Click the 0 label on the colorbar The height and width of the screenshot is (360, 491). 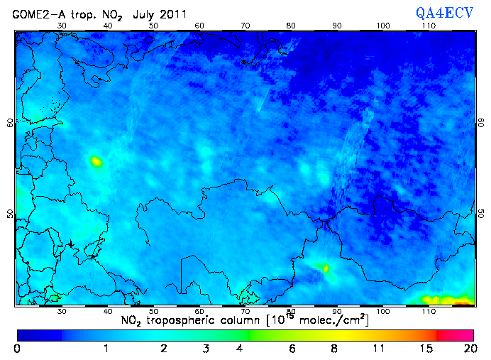point(17,349)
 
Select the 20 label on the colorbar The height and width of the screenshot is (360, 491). point(468,349)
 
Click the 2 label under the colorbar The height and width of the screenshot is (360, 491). point(164,349)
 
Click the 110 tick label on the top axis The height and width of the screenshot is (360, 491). point(429,26)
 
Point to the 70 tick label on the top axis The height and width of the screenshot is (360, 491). point(245,26)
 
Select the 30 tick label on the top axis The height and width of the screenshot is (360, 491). point(62,26)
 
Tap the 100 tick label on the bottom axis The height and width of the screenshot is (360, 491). point(383,311)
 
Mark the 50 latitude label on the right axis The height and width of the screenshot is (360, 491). point(480,213)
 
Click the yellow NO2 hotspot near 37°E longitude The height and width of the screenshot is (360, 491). point(96,162)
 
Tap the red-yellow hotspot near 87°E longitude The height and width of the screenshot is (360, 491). point(326,268)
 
